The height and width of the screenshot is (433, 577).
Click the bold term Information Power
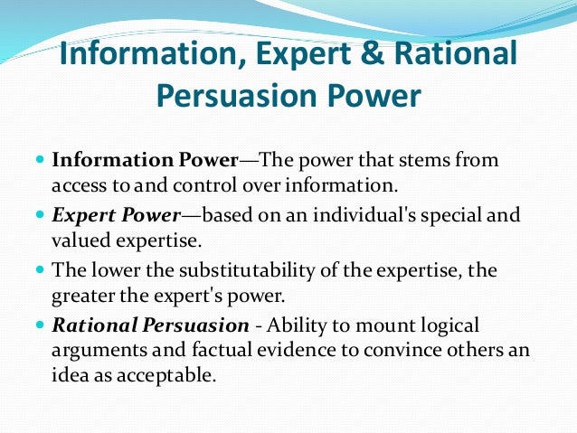(143, 161)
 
